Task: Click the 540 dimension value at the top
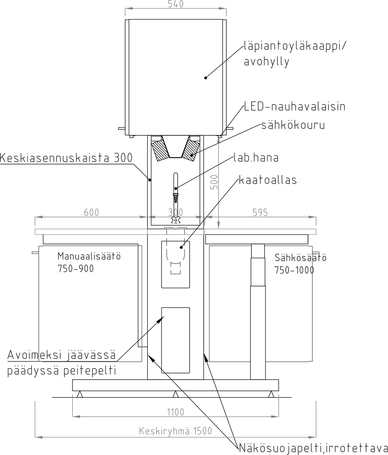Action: [176, 4]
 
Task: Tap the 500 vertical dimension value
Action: [214, 182]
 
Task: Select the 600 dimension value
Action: [92, 212]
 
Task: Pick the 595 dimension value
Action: [260, 212]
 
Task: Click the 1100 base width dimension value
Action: [176, 412]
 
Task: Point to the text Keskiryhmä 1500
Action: [176, 431]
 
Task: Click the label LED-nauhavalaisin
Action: [295, 106]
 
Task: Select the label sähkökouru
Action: [293, 125]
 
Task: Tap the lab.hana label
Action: [256, 158]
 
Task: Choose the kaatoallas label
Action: [268, 180]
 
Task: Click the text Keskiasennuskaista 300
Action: [66, 158]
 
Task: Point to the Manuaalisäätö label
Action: [89, 256]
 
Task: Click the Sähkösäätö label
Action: [301, 258]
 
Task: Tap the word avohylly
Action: [267, 62]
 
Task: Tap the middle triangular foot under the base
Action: [176, 394]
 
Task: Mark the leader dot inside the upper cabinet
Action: [206, 78]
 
